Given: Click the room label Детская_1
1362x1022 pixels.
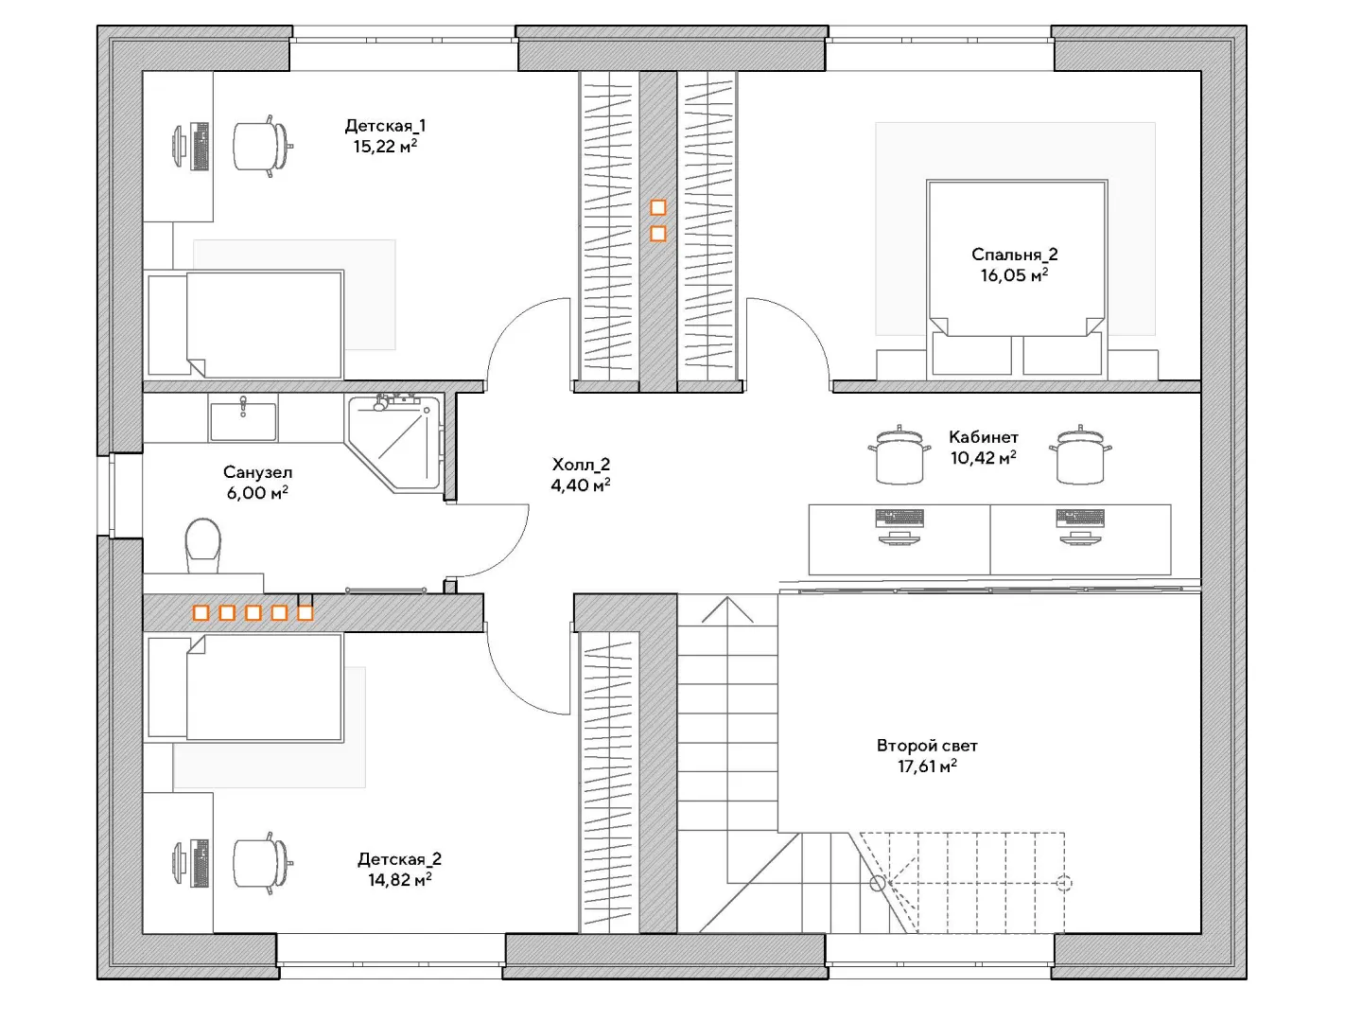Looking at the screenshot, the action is (385, 126).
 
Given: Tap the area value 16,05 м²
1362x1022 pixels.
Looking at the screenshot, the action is (1014, 274).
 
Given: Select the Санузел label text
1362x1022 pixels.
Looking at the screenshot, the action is (257, 472).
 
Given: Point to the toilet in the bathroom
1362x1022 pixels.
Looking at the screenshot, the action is (203, 545).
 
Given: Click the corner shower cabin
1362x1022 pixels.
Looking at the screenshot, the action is (394, 443).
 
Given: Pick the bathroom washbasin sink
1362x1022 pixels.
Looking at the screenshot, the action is (243, 420).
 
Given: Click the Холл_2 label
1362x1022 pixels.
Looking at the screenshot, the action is (581, 464).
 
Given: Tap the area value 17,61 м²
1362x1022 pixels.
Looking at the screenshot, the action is (927, 766).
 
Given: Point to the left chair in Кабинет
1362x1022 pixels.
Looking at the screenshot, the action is (899, 455).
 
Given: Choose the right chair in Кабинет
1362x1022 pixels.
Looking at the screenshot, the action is (1080, 455).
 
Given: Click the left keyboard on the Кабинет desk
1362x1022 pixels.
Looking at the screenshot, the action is (899, 517).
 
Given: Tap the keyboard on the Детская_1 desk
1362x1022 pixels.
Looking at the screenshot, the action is (201, 146).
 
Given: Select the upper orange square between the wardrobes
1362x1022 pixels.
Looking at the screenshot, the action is (657, 207).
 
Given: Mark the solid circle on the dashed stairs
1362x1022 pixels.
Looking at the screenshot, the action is (878, 883).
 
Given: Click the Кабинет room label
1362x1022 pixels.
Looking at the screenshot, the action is (984, 437).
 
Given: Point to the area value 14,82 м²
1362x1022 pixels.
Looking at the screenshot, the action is (399, 880).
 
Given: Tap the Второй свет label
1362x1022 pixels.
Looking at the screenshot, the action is (927, 746).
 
